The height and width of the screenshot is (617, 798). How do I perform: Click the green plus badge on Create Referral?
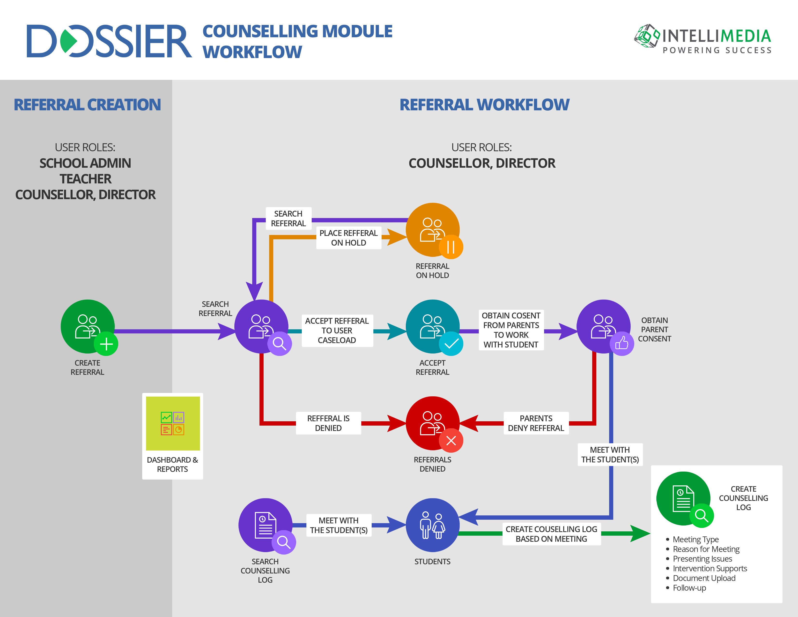[106, 344]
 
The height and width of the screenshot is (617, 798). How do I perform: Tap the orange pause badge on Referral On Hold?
[451, 247]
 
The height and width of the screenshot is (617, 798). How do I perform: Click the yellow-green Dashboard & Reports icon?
[173, 423]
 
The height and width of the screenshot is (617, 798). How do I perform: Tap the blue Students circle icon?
[433, 525]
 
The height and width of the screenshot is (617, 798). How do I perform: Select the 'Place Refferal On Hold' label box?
[348, 238]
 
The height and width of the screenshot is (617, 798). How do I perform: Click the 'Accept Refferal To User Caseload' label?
[337, 331]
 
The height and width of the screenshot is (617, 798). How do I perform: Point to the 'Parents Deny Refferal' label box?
[536, 423]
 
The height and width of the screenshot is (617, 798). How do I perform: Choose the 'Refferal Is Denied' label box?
[328, 423]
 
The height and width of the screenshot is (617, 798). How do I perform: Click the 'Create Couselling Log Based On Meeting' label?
[551, 534]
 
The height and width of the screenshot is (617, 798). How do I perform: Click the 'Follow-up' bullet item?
[689, 588]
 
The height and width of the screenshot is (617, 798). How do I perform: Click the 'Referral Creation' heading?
[87, 105]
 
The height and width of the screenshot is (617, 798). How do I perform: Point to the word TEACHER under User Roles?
[86, 179]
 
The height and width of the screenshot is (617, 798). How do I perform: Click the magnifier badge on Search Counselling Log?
[284, 542]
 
